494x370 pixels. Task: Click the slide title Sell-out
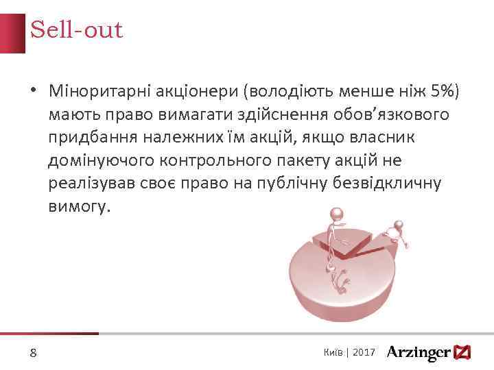click(76, 30)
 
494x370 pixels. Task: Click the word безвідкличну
click(386, 184)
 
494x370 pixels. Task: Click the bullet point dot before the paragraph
click(32, 91)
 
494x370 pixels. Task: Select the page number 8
click(33, 353)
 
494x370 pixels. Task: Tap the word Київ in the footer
click(333, 351)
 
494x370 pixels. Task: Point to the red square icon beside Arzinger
click(464, 352)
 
